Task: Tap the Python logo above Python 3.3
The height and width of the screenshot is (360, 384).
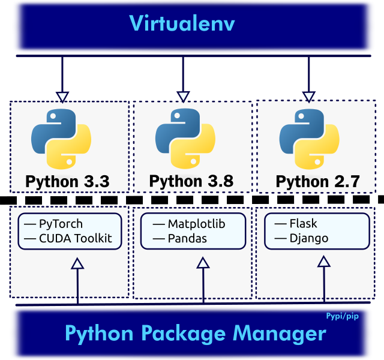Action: pyautogui.click(x=61, y=139)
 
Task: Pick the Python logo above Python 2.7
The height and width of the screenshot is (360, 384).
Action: pyautogui.click(x=310, y=139)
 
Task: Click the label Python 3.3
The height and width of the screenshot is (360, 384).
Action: pyautogui.click(x=67, y=181)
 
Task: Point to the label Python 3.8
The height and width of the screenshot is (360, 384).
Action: pyautogui.click(x=191, y=181)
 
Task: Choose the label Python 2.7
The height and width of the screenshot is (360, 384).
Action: pyautogui.click(x=317, y=181)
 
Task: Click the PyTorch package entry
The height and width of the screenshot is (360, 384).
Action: pyautogui.click(x=61, y=224)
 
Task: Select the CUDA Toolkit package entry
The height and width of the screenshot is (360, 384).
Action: pyautogui.click(x=75, y=238)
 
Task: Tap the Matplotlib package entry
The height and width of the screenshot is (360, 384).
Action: pyautogui.click(x=196, y=224)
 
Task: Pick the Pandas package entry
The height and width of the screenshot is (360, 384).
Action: pyautogui.click(x=187, y=238)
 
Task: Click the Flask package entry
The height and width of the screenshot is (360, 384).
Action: pyautogui.click(x=303, y=224)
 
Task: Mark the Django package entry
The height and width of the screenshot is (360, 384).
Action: pyautogui.click(x=308, y=238)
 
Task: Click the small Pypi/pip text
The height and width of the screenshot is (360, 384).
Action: pyautogui.click(x=342, y=316)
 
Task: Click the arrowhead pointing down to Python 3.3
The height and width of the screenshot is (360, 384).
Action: pyautogui.click(x=62, y=97)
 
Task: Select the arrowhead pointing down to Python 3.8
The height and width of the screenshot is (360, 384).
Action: pyautogui.click(x=184, y=97)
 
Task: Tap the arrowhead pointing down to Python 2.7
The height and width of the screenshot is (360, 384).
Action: pyautogui.click(x=308, y=97)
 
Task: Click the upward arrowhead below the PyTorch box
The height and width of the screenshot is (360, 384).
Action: pyautogui.click(x=77, y=263)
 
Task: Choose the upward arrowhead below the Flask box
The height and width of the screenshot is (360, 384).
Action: pyautogui.click(x=324, y=262)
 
